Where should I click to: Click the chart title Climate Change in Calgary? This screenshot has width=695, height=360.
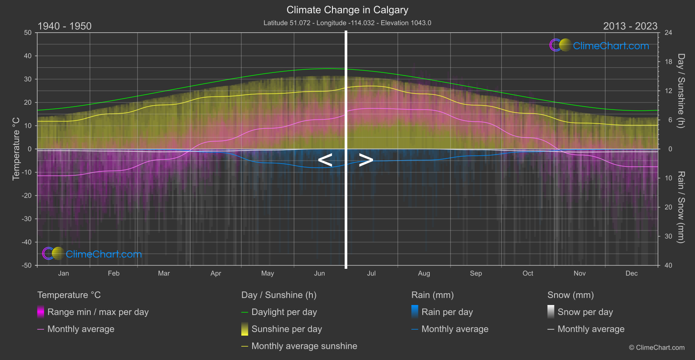pos(347,10)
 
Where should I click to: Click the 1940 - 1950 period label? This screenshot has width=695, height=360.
pos(65,26)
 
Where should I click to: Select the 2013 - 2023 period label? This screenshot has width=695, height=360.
pos(630,26)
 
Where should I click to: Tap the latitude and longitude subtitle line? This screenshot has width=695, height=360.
pos(347,23)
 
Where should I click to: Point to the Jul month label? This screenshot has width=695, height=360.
pos(371,273)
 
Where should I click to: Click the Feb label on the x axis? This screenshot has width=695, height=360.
pos(113,273)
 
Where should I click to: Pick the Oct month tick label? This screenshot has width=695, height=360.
pos(527,273)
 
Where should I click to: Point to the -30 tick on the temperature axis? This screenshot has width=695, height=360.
pos(27,219)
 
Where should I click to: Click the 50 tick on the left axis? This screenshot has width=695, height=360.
pos(28,33)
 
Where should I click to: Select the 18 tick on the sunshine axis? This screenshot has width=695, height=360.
pos(668,62)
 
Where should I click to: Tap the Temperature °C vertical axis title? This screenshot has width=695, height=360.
pos(16,149)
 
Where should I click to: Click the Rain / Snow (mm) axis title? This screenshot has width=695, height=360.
pos(681,207)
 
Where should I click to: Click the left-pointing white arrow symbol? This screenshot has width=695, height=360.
pos(325,160)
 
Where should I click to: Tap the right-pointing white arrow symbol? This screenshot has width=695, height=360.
pos(366,160)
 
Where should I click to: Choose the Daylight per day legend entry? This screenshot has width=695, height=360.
pos(284,312)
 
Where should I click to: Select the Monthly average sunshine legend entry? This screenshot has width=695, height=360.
pos(304,346)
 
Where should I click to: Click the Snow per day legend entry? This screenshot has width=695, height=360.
pos(585,312)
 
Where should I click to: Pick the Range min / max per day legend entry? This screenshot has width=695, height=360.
pos(98,312)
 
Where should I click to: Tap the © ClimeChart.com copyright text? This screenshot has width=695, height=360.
pos(657,347)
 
